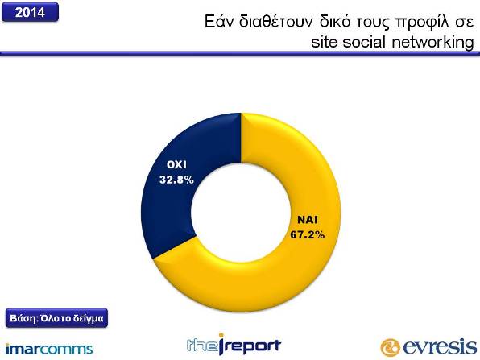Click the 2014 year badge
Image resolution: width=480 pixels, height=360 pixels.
coord(30,12)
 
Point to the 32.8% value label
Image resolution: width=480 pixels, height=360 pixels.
coord(176,180)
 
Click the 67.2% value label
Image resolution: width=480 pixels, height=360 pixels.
coord(308,235)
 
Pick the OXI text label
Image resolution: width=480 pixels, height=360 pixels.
coord(176,165)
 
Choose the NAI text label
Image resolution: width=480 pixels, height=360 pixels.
coord(308,220)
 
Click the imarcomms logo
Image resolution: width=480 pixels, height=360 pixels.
coord(49,349)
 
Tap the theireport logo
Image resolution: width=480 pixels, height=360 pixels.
coord(234,345)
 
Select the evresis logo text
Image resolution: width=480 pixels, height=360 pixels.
coord(440,346)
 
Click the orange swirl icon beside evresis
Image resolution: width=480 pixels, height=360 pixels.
coord(390,348)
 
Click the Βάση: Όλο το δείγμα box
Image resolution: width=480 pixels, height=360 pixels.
coord(56,318)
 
